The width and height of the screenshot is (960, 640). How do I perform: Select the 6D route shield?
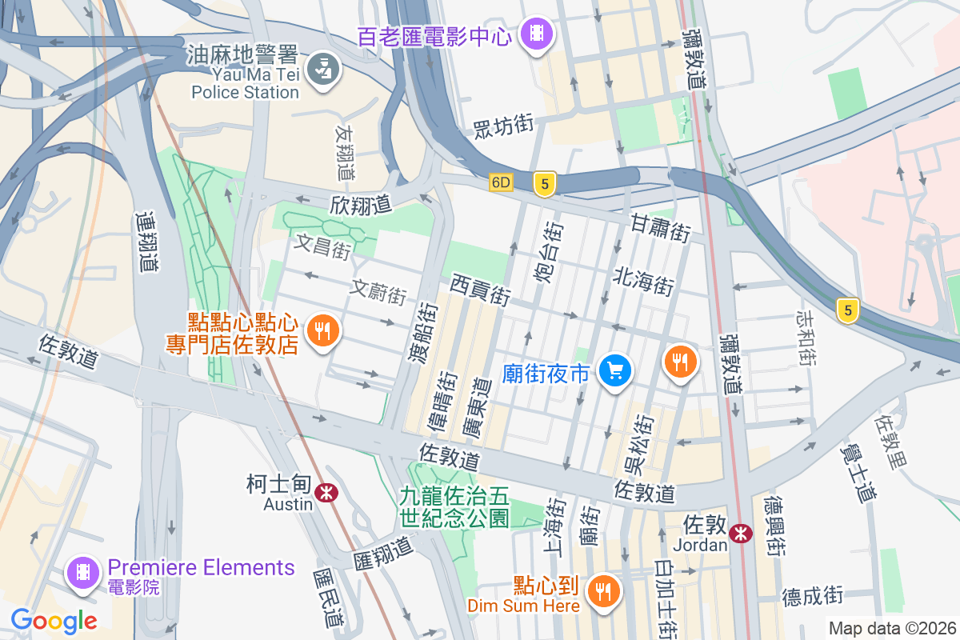pos(501,183)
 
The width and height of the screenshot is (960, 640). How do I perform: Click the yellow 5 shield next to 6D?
pos(545,184)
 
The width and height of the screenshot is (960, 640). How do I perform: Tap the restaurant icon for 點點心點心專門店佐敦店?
pos(322,330)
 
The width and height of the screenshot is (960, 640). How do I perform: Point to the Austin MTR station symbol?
pos(326,493)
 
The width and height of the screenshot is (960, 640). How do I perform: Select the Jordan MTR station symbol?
pos(742,533)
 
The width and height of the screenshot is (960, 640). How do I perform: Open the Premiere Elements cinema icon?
pos(83,573)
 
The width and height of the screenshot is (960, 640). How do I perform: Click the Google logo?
pos(54,620)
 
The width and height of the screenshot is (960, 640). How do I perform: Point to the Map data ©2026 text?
pos(891,629)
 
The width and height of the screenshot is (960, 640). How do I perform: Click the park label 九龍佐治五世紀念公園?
pos(454,507)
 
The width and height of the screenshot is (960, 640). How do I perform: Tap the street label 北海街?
pos(644,281)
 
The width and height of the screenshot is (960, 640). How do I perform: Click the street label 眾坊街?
pos(503,126)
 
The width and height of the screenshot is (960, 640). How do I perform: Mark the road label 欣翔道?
pos(360,205)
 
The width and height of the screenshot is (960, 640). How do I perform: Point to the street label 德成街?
pos(813,595)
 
